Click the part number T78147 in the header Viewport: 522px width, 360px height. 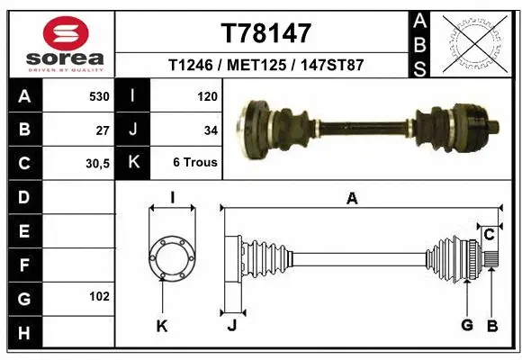coord(265,33)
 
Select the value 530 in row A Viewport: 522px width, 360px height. coord(98,95)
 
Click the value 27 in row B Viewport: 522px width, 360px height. coord(103,130)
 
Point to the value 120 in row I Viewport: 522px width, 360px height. coord(207,95)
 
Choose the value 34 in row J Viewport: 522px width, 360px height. coord(211,130)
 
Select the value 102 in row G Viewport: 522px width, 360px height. coord(99,296)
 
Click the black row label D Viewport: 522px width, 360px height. coord(23,197)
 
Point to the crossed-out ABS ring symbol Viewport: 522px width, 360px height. coord(477,41)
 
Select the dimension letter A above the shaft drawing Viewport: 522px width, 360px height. coord(352,199)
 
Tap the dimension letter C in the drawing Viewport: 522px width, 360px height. coord(489,235)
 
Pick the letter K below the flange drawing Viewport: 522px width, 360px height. coord(162,326)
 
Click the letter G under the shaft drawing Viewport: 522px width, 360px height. coord(467,326)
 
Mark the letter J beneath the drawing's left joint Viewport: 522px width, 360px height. coord(231,326)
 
